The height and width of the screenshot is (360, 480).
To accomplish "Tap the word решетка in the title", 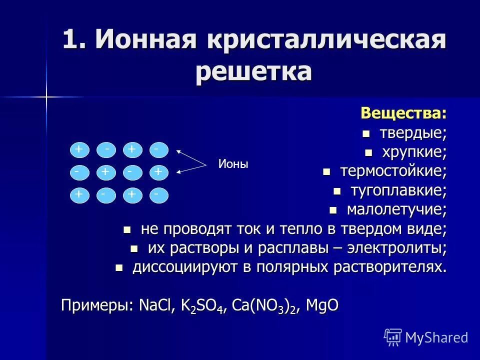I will pos(253,71).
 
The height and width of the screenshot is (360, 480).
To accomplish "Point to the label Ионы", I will pos(233,164).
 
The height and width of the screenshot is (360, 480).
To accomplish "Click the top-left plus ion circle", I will pos(79,149).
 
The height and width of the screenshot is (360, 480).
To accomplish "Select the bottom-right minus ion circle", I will pos(158,195).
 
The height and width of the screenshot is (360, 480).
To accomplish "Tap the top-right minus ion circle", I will pos(158,149).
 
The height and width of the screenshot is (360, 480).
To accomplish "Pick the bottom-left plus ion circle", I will pos(79,195).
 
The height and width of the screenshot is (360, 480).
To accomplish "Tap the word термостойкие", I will pos(393,171).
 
